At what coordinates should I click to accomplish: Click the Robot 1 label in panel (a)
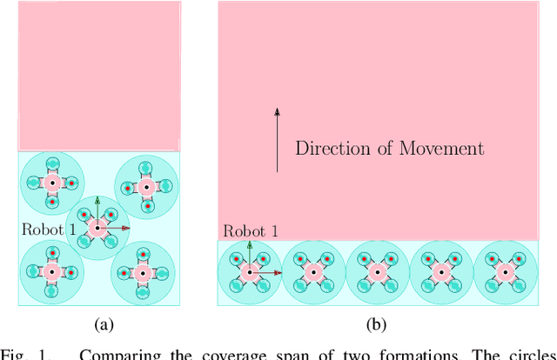point(50,230)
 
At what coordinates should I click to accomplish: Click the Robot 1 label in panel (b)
point(251,231)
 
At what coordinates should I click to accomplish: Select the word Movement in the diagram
point(441,148)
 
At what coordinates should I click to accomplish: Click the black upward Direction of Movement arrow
point(277,139)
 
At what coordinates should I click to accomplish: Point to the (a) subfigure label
point(104,324)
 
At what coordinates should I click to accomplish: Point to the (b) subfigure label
point(376,324)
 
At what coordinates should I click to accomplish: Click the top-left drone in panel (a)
point(51,183)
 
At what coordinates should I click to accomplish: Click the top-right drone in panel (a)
point(146,186)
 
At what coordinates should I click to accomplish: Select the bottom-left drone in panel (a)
point(51,272)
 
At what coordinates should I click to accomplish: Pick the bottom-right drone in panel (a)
point(146,272)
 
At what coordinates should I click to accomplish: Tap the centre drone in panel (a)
point(97,228)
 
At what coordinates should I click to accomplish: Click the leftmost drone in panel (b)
point(250,272)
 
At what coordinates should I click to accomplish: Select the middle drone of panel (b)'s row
point(377,272)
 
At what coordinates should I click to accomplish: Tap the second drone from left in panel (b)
point(313,272)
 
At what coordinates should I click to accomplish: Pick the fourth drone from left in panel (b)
point(441,272)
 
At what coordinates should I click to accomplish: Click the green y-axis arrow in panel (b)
point(250,257)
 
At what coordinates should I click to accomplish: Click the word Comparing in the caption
point(96,354)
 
